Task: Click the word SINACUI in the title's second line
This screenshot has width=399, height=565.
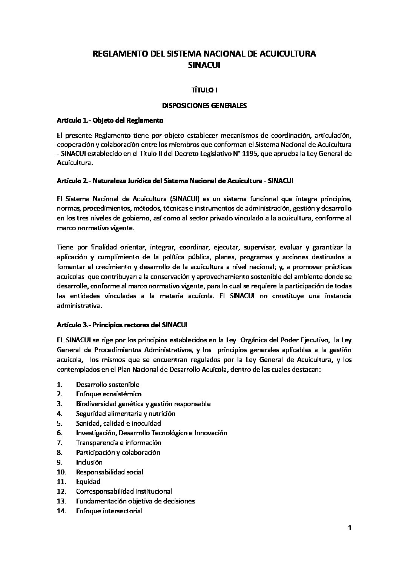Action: coord(204,65)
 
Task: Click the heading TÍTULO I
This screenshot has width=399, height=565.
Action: coord(204,90)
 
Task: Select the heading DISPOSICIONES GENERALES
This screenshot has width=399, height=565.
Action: coord(204,106)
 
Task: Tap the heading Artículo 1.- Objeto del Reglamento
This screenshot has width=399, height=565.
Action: coord(109,121)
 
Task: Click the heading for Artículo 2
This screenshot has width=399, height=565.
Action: coord(175,181)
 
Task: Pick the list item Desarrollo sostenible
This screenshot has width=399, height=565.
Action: coord(107,385)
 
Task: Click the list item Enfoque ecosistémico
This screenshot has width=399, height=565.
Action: coord(103,394)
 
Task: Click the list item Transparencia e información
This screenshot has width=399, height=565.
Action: coord(118,443)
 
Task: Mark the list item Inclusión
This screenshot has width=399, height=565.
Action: coord(89,462)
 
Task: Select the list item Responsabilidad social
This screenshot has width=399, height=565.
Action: coord(109,472)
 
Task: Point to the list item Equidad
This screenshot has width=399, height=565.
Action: coord(88,482)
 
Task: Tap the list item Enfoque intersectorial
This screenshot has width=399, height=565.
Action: coord(109,511)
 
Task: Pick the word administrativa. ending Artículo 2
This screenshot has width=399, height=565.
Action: coord(74,306)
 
